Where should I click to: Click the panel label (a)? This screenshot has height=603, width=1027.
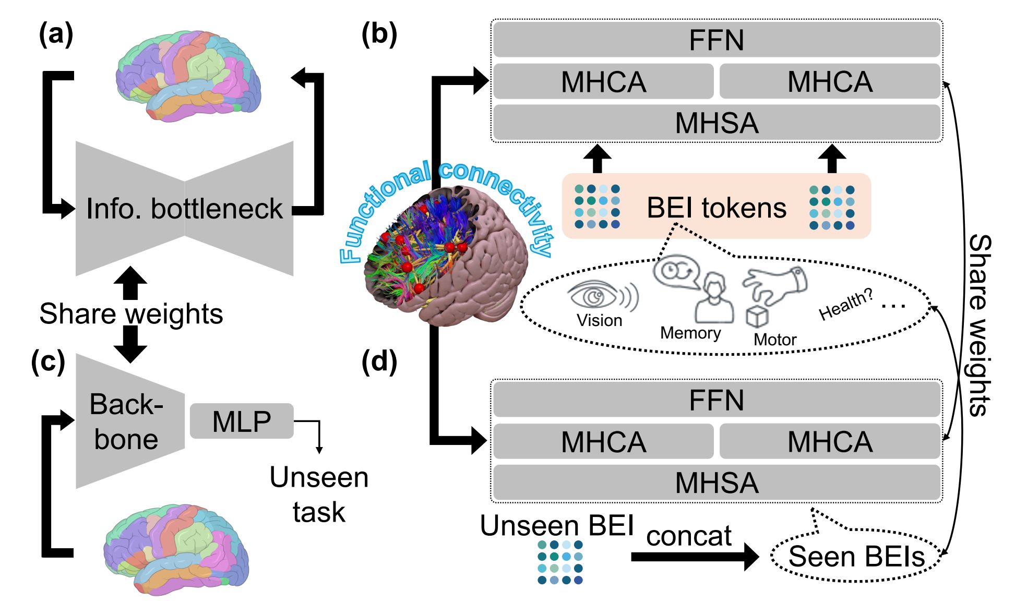tap(56, 35)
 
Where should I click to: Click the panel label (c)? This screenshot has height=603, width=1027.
tap(48, 361)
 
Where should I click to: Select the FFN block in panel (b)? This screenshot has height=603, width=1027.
tap(716, 40)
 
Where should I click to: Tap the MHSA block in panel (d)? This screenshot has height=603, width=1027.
tap(716, 483)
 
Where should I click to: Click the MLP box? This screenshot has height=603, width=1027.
tap(242, 421)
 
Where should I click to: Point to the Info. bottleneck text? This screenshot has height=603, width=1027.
tap(184, 209)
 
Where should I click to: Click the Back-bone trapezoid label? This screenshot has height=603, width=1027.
tap(126, 421)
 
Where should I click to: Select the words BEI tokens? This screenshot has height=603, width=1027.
tap(716, 208)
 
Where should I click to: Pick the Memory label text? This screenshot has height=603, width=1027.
tap(690, 333)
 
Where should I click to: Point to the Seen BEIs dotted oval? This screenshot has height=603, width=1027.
tap(856, 556)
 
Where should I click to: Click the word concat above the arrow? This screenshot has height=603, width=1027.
tap(689, 536)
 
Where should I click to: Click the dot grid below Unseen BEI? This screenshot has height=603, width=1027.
tap(560, 562)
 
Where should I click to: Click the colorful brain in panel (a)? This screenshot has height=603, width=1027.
tap(188, 76)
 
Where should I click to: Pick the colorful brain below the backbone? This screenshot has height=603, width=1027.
tap(176, 549)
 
